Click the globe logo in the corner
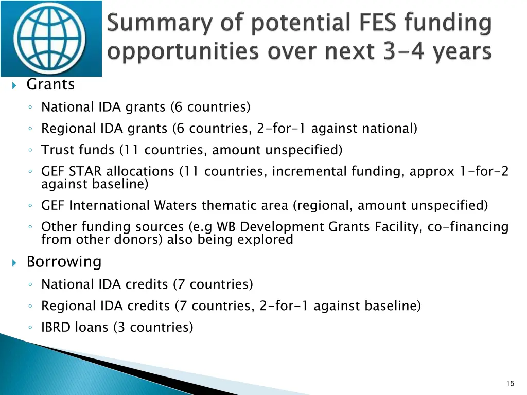click(x=50, y=38)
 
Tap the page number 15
click(x=510, y=383)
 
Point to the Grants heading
click(x=50, y=84)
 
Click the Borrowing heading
click(x=64, y=262)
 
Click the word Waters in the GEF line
click(x=177, y=206)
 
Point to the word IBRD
click(x=56, y=327)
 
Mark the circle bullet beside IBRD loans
click(x=32, y=328)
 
